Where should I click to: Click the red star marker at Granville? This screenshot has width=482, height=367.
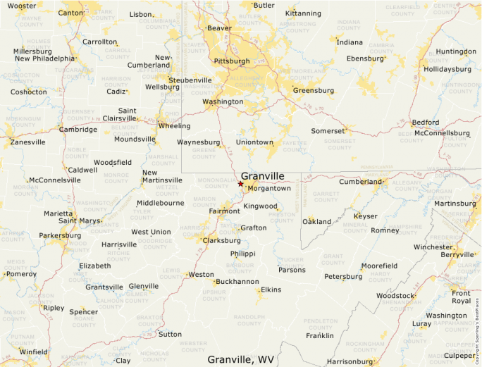[240, 185]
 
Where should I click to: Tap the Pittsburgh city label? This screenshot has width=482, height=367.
[232, 61]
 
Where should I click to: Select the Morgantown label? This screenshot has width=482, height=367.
[269, 188]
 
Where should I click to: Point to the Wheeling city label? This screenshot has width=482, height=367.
[174, 126]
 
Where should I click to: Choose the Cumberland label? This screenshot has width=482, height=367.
[360, 181]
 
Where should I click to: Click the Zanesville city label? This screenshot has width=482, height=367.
[27, 142]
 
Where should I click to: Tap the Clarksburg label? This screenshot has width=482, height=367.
[221, 240]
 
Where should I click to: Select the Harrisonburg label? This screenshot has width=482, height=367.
[350, 361]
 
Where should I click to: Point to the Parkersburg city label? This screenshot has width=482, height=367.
[60, 235]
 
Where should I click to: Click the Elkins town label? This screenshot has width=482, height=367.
[271, 290]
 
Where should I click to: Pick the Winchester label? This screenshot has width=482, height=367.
[433, 247]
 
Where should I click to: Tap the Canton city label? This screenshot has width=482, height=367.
[71, 13]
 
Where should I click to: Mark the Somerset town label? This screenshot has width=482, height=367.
[328, 131]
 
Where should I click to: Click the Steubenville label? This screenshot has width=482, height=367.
[190, 80]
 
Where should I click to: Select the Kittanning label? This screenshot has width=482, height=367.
[304, 13]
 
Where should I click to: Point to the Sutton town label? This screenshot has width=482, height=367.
[169, 334]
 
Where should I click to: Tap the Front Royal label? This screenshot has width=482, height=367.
[461, 297]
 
